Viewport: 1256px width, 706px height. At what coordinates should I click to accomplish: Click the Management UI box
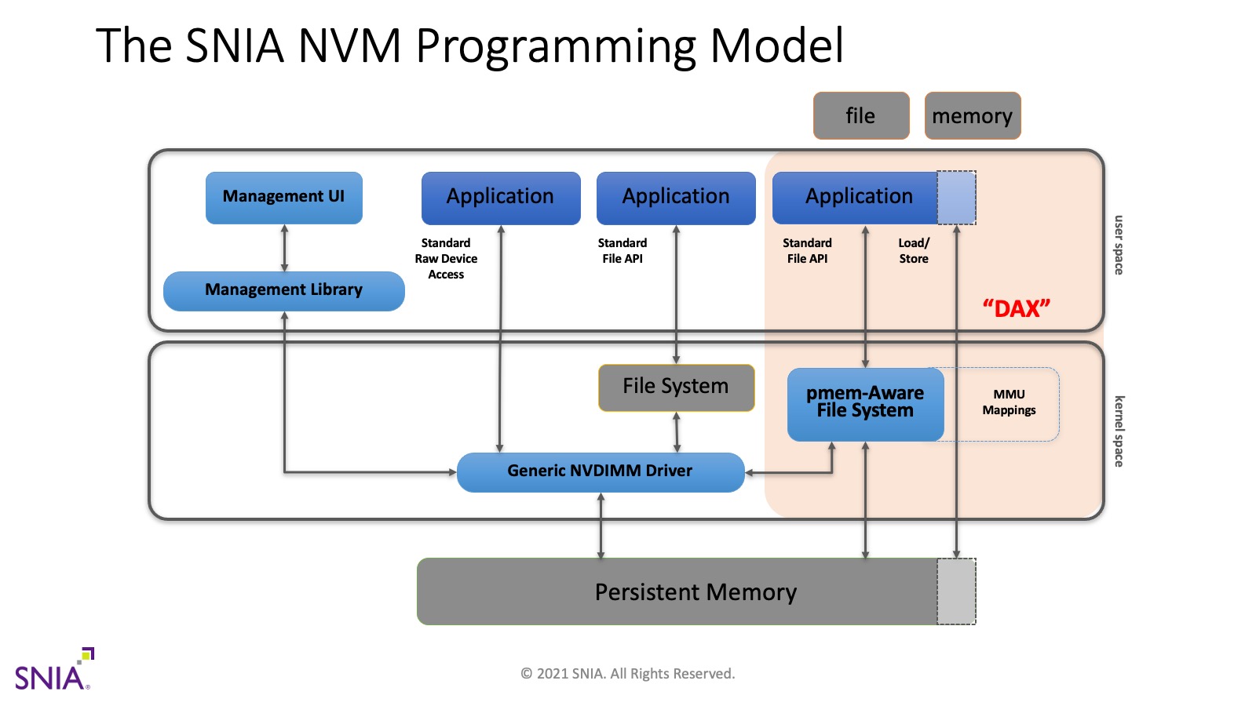coord(283,197)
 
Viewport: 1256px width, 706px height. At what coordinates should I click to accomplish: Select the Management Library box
coord(283,290)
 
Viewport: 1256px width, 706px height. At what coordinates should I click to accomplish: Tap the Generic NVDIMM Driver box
coord(600,471)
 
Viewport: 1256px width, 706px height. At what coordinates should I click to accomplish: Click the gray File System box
coord(676,387)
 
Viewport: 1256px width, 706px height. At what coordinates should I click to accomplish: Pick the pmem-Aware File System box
coord(865,403)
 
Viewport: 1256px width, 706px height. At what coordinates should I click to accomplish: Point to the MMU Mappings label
coord(1009,402)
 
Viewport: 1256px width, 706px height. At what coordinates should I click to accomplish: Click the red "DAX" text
coord(1016,308)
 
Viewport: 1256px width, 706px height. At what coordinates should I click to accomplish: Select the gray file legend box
coord(860,116)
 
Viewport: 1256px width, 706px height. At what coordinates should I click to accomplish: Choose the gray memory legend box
coord(972,116)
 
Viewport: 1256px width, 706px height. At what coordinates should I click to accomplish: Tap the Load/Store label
coord(914,251)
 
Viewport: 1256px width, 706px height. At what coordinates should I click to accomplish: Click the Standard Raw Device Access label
coord(446,259)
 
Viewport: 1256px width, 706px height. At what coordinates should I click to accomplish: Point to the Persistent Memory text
coord(696,592)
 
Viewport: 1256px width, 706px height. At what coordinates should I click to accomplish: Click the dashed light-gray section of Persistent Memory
coord(956,592)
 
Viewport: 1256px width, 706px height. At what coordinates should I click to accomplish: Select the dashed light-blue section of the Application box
coord(956,197)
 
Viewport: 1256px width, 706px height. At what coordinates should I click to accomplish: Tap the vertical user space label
coord(1119,245)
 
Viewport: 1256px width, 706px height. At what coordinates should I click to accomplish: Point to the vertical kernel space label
coord(1119,431)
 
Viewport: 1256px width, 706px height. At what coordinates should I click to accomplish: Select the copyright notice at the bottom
coord(627,674)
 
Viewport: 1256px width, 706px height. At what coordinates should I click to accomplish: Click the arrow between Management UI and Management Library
coord(284,248)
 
